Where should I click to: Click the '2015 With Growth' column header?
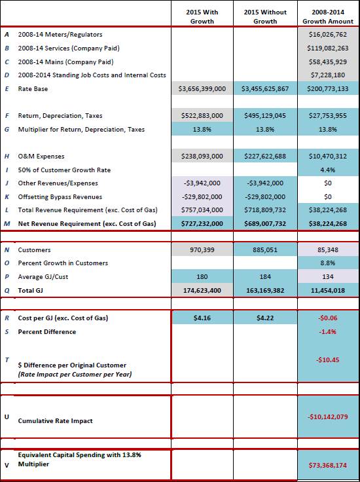pos(202,16)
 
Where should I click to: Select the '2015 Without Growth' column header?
pos(265,16)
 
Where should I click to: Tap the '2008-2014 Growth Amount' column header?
pos(328,16)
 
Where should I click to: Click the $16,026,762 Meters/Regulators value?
pos(328,35)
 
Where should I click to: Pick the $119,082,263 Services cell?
pos(328,48)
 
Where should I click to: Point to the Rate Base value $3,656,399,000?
pos(202,89)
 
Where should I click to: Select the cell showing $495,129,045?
pos(265,116)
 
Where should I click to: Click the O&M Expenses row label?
pos(41,156)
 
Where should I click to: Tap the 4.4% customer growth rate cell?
pos(328,170)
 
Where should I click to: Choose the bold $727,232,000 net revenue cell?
pos(202,224)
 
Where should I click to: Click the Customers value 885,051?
pos(265,250)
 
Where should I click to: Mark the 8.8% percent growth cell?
pos(328,263)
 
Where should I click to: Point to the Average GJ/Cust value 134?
pos(328,276)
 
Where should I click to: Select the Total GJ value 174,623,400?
pos(202,291)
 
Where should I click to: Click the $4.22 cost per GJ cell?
pos(265,318)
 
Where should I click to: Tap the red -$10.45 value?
pos(328,360)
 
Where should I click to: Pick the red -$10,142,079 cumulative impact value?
pos(328,417)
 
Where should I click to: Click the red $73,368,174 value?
pos(328,466)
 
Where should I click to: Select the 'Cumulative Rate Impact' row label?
pos(55,421)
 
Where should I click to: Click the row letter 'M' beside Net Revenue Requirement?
pos(7,224)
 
